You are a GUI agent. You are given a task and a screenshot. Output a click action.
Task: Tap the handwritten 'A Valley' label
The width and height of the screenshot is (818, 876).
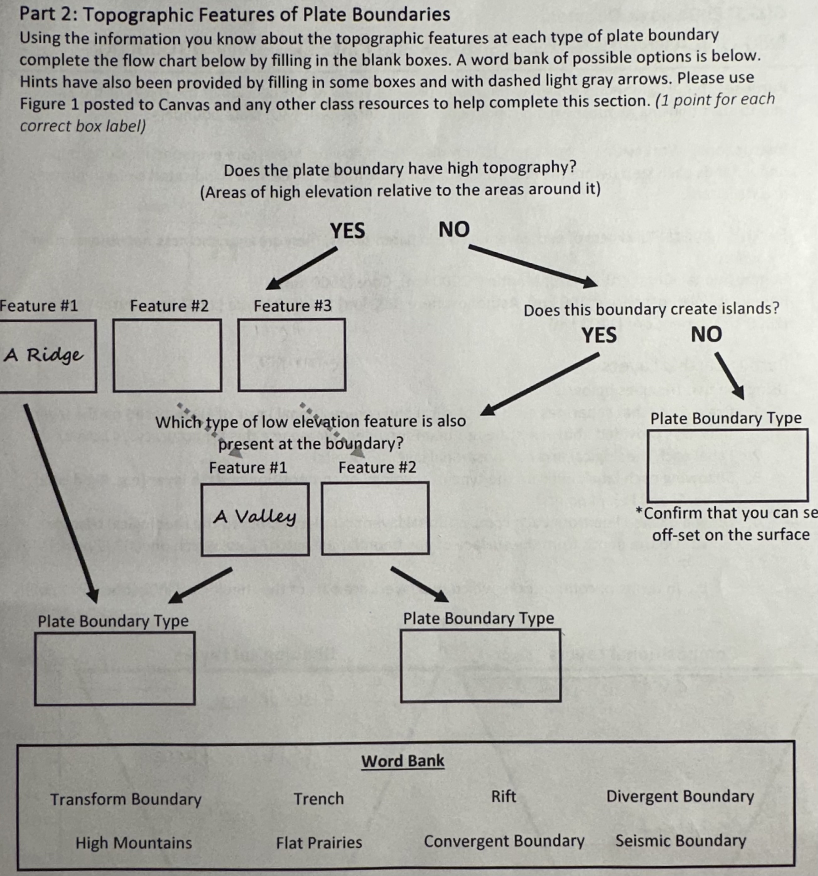point(254,516)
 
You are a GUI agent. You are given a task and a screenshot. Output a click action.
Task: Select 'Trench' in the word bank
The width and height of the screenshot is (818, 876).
point(319,798)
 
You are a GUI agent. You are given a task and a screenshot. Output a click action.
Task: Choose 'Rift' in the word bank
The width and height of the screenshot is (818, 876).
point(503,796)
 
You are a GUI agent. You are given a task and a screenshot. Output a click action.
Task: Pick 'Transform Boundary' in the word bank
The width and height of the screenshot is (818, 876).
point(126,799)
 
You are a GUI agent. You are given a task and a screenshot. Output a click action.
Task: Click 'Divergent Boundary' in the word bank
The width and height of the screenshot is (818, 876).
point(680,796)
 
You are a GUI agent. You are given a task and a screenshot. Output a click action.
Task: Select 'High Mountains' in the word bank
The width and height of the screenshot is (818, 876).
point(133,842)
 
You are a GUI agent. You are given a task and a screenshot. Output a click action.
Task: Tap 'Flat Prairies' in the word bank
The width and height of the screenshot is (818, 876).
point(319,842)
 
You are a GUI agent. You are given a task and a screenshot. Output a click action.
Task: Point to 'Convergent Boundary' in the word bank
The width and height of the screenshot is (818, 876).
point(504,841)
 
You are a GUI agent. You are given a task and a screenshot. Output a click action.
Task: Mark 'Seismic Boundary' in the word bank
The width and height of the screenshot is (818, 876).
point(680,840)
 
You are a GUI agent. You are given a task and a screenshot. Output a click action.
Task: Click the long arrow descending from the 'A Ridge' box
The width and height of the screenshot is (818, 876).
point(59,502)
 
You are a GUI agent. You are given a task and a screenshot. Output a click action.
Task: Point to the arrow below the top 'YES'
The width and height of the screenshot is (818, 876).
point(302,268)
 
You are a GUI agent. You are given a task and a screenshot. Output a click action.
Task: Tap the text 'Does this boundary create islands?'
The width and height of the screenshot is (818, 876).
point(651,309)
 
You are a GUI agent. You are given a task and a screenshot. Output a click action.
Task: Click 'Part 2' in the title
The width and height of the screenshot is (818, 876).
point(44,14)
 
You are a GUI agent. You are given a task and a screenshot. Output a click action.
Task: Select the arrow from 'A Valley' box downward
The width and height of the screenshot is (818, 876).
point(201,585)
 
